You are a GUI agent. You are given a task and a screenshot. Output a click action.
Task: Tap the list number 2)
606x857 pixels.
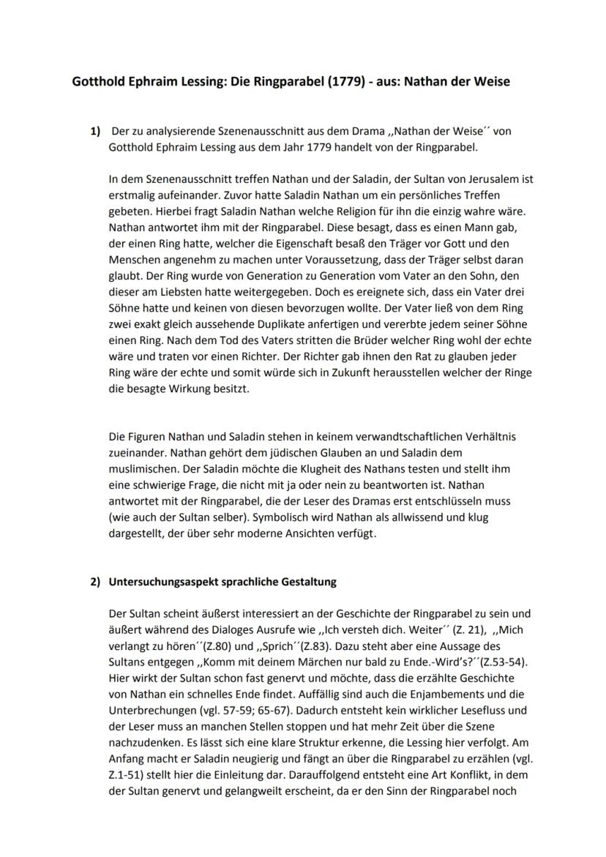click(x=94, y=583)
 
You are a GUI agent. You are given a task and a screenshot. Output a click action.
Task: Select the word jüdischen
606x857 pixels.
click(x=284, y=453)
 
